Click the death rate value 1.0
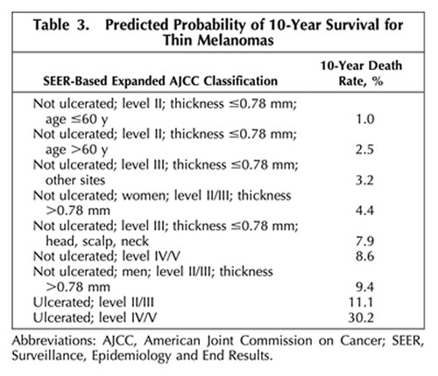pyautogui.click(x=364, y=119)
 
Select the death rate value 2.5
pyautogui.click(x=364, y=150)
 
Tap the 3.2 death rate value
pyautogui.click(x=364, y=180)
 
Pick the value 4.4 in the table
pyautogui.click(x=364, y=211)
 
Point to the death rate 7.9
pyautogui.click(x=364, y=241)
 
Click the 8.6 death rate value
pyautogui.click(x=364, y=256)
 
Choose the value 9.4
pyautogui.click(x=364, y=287)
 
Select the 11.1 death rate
pyautogui.click(x=361, y=303)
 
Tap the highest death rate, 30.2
pyautogui.click(x=361, y=317)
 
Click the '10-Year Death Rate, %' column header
pyautogui.click(x=361, y=73)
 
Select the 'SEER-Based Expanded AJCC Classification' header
pyautogui.click(x=160, y=80)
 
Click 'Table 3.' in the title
pyautogui.click(x=61, y=24)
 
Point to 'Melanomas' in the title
pyautogui.click(x=236, y=40)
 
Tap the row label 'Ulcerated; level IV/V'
pyautogui.click(x=95, y=317)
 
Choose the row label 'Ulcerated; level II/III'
pyautogui.click(x=94, y=303)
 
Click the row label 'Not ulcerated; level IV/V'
pyautogui.click(x=107, y=256)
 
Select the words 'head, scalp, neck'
pyautogui.click(x=97, y=241)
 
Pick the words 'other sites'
pyautogui.click(x=75, y=180)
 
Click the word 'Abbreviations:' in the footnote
pyautogui.click(x=54, y=340)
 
